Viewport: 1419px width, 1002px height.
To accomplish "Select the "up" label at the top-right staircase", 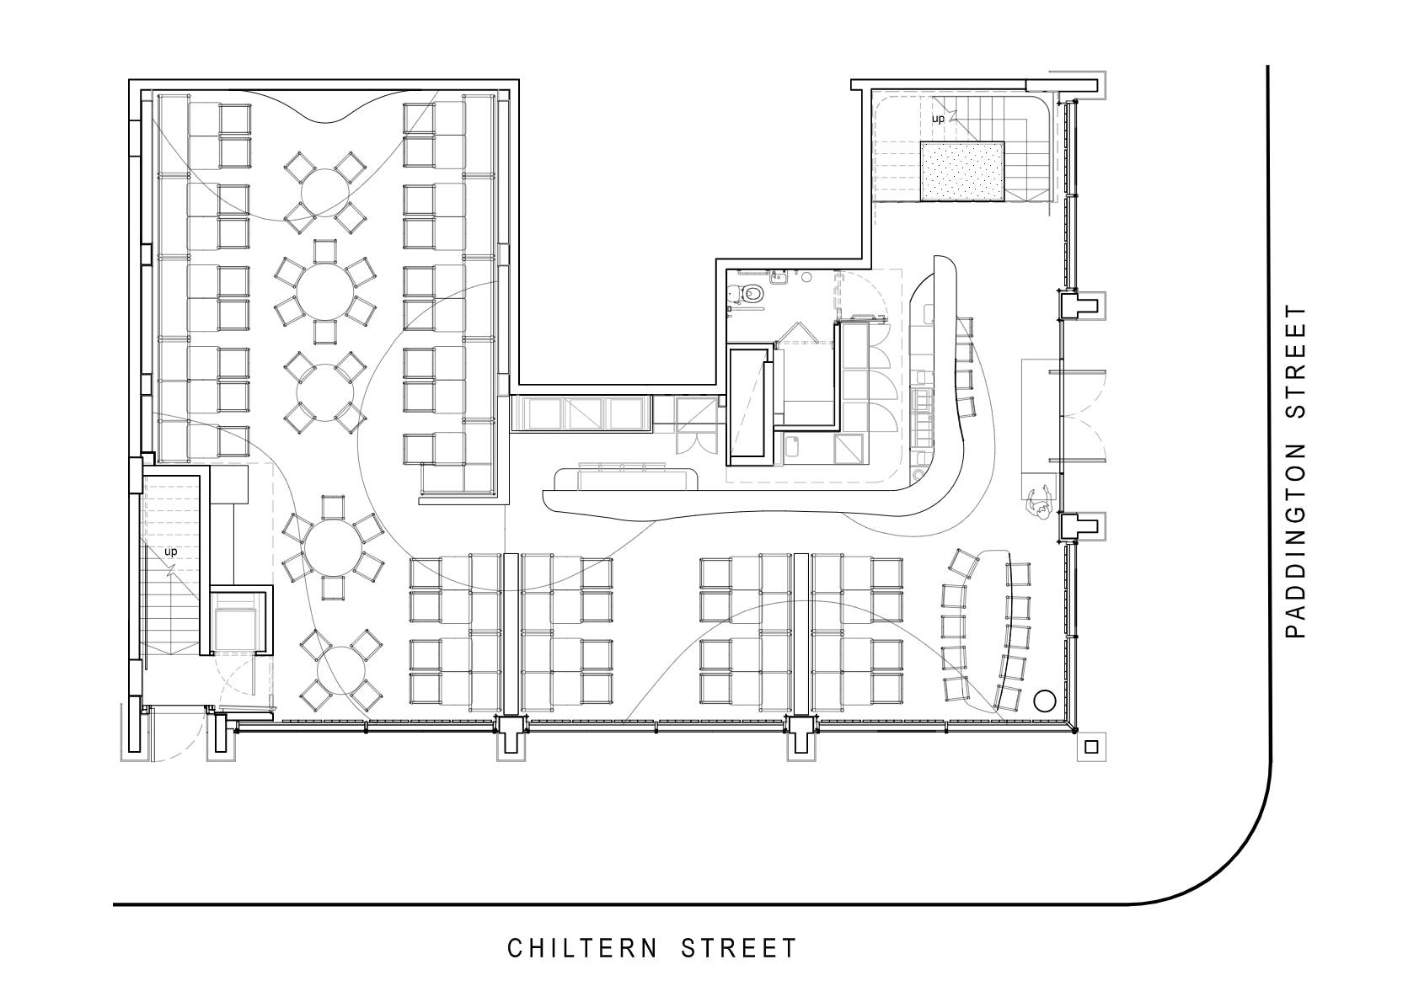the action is coord(938,119).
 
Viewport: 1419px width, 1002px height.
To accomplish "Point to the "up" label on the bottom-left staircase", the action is coord(170,552).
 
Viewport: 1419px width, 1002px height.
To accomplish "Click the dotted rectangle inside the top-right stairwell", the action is coord(962,172).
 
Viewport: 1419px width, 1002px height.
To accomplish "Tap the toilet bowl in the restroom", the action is coord(752,293).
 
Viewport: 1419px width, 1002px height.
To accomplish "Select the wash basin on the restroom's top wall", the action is coord(778,277).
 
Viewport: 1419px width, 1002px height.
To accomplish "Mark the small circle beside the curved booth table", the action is coord(1045,701).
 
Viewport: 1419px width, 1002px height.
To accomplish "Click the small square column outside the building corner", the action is coord(1091,747).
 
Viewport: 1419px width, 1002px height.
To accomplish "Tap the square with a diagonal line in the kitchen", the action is coord(849,450).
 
